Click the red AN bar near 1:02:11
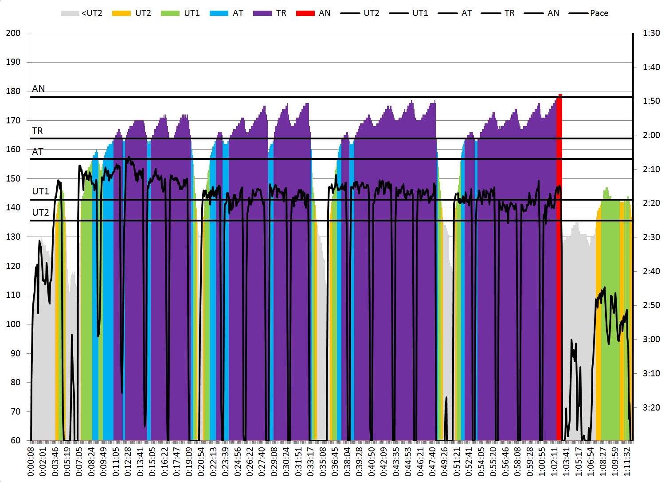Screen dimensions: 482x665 click(x=559, y=266)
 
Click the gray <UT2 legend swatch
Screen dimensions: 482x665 click(x=70, y=13)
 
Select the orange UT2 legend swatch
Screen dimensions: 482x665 click(x=121, y=13)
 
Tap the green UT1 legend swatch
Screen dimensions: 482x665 click(x=170, y=13)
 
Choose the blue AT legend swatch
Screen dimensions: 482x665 click(x=219, y=13)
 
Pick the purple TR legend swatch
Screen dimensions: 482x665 click(x=262, y=13)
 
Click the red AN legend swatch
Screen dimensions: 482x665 click(x=305, y=13)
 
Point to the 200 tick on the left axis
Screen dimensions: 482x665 click(x=13, y=33)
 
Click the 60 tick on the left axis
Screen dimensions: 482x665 click(x=16, y=440)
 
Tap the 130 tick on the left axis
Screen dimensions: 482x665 click(x=13, y=237)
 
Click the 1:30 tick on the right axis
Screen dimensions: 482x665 click(x=651, y=33)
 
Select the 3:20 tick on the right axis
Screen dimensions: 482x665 click(x=651, y=407)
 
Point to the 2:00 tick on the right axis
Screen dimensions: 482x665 click(x=651, y=135)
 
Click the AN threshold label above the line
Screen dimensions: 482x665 click(x=39, y=89)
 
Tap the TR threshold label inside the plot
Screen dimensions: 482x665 click(x=38, y=131)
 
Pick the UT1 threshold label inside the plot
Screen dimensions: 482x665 click(x=40, y=191)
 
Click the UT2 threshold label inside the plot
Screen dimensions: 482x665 click(x=40, y=213)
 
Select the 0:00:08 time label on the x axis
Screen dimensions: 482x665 click(x=31, y=462)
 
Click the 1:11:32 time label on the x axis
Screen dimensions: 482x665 click(x=627, y=462)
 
